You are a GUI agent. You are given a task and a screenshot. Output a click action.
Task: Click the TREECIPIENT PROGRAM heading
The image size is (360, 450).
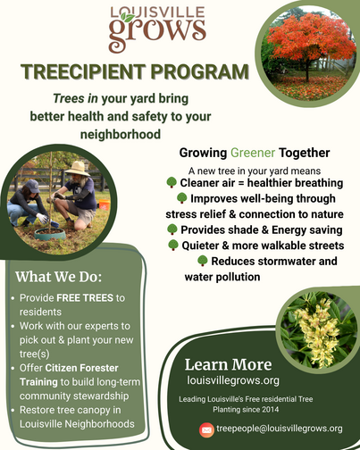(x=134, y=72)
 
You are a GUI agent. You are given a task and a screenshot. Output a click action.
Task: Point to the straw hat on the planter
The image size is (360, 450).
(x=77, y=167)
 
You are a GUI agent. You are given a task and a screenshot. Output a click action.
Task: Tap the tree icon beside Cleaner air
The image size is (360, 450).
(x=172, y=182)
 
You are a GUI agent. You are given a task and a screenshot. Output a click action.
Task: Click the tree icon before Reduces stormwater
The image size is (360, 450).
(x=203, y=261)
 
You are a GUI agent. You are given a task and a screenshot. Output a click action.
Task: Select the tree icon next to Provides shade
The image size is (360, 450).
(x=172, y=229)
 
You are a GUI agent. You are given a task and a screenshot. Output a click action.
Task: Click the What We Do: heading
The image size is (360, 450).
(x=59, y=275)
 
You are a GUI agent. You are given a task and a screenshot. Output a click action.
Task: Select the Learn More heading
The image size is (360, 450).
(x=228, y=364)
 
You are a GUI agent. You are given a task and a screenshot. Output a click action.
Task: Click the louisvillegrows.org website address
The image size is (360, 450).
(x=227, y=380)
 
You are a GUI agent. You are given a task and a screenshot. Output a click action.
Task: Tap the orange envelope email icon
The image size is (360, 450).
(x=206, y=429)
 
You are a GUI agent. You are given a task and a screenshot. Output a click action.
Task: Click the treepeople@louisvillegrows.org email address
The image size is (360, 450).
(x=280, y=429)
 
